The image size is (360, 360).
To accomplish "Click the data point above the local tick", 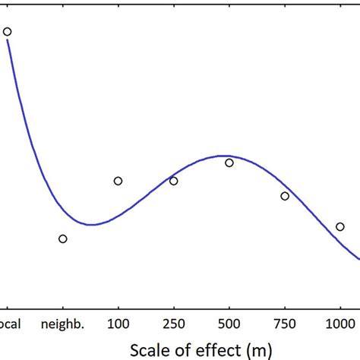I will pos(7,32).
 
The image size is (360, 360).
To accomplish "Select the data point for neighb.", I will pos(63,238).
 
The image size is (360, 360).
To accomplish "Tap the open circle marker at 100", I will pos(118,181).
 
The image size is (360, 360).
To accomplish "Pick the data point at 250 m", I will pos(174,181).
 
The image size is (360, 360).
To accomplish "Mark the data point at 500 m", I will pos(229,163).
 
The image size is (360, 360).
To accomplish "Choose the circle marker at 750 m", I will pos(285,196).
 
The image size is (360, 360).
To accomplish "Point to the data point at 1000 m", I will pos(340,226).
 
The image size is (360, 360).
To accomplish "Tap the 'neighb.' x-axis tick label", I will pos(63,322).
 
